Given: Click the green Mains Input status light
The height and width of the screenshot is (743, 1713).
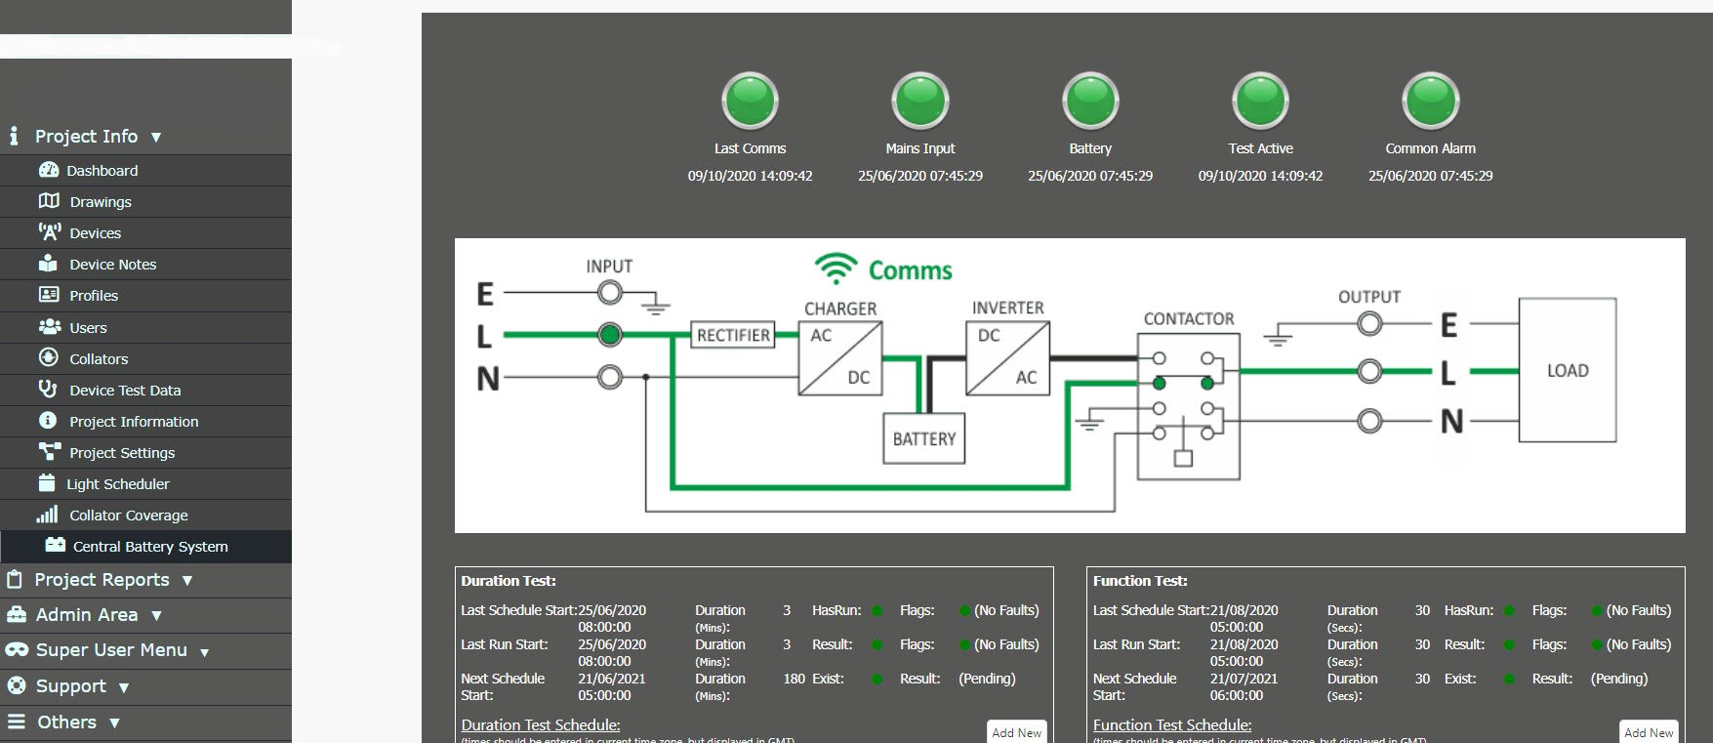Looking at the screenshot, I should click(919, 101).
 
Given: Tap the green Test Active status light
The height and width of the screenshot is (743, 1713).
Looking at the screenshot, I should click(1260, 101).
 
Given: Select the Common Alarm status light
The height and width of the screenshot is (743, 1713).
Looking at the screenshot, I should click(1430, 101).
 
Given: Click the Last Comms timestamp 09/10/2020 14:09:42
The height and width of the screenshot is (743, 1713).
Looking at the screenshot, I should click(750, 176).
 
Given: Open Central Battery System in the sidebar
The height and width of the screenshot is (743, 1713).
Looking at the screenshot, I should click(149, 547).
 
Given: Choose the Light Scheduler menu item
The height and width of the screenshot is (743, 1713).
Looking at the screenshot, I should click(117, 484).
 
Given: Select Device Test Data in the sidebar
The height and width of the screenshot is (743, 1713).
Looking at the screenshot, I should click(124, 391).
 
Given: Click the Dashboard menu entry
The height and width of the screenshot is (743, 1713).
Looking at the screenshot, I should click(102, 171).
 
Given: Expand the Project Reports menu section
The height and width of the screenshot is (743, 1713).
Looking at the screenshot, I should click(102, 580).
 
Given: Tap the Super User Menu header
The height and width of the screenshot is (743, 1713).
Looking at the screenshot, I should click(110, 650).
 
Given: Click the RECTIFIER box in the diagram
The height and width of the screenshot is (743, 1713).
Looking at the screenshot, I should click(733, 336).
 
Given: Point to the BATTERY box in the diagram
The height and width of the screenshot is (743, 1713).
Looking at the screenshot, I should click(923, 439).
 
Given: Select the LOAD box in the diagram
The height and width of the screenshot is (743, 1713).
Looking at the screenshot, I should click(1567, 371).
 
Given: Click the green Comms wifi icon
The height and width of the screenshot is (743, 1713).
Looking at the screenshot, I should click(836, 268).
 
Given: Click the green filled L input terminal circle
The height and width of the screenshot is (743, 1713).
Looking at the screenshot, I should click(610, 335).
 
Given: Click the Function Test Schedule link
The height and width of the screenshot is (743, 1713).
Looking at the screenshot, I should click(1171, 725).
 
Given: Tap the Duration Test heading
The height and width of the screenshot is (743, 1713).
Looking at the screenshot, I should click(508, 581).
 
